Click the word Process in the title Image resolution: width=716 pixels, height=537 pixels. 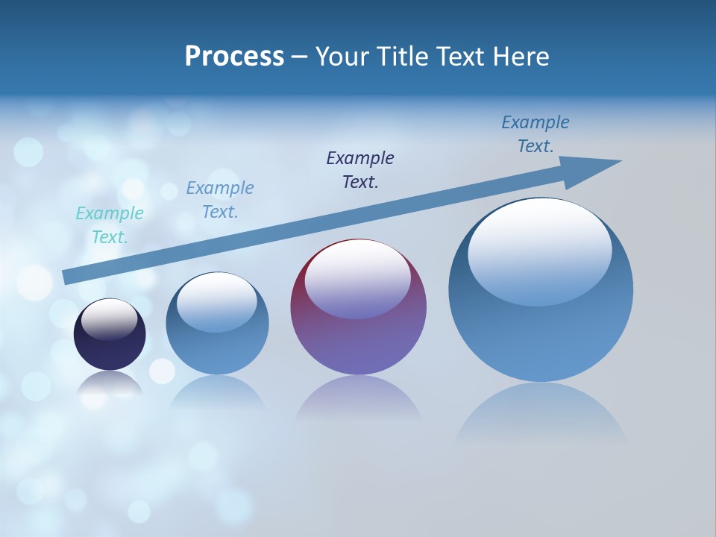tap(234, 57)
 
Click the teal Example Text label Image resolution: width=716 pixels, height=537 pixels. tap(110, 225)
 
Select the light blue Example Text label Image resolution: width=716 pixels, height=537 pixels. tap(220, 200)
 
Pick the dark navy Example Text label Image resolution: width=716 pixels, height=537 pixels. tap(360, 170)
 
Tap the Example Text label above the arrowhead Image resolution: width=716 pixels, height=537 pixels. tap(536, 134)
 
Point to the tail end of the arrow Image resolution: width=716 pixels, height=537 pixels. tap(69, 277)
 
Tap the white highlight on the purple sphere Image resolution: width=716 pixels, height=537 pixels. tap(358, 278)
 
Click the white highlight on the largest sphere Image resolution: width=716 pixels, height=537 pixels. tap(540, 250)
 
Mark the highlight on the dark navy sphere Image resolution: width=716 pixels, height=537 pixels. tap(110, 319)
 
